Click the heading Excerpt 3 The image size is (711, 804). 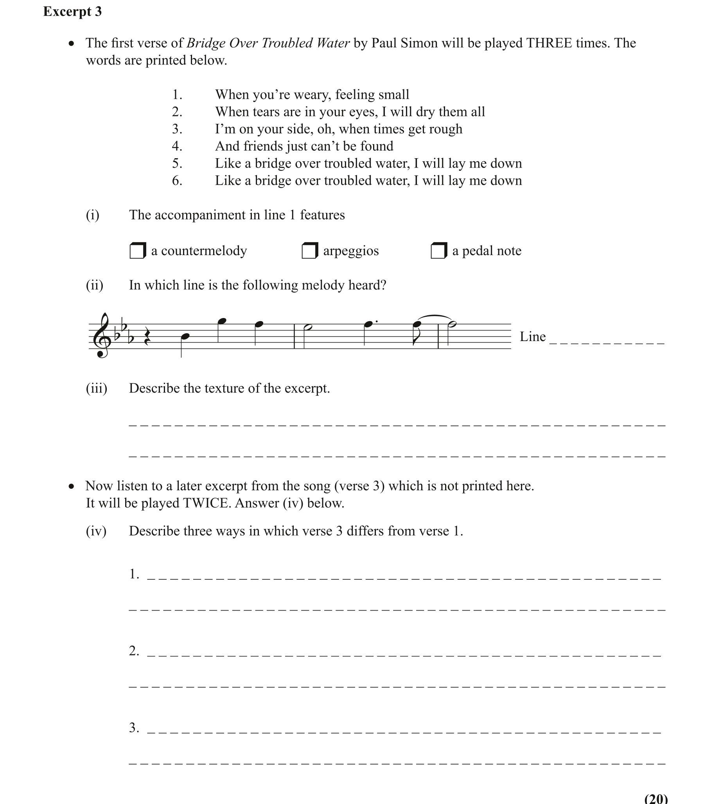click(72, 12)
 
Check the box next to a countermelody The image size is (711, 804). click(137, 250)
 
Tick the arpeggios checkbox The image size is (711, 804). click(309, 250)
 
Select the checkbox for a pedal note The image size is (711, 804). click(438, 250)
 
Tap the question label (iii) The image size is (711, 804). click(97, 388)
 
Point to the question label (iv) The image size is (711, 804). click(96, 531)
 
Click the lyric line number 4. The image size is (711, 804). click(177, 147)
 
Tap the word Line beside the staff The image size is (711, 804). click(532, 337)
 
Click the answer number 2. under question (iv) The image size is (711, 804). click(134, 651)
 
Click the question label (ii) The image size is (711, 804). click(95, 285)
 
